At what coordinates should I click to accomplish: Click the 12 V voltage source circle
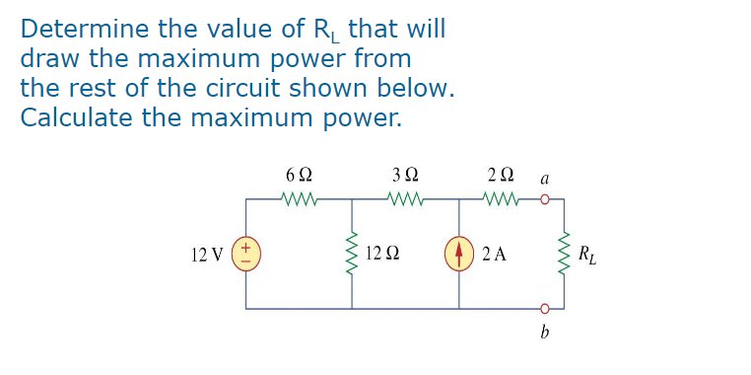tap(246, 254)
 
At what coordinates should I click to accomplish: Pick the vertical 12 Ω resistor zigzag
tap(352, 254)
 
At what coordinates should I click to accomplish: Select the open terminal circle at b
tap(543, 308)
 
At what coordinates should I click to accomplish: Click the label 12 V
tap(207, 255)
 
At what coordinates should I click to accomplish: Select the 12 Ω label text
tap(383, 255)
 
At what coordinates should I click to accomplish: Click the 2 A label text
tap(496, 255)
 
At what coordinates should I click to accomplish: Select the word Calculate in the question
tap(71, 117)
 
